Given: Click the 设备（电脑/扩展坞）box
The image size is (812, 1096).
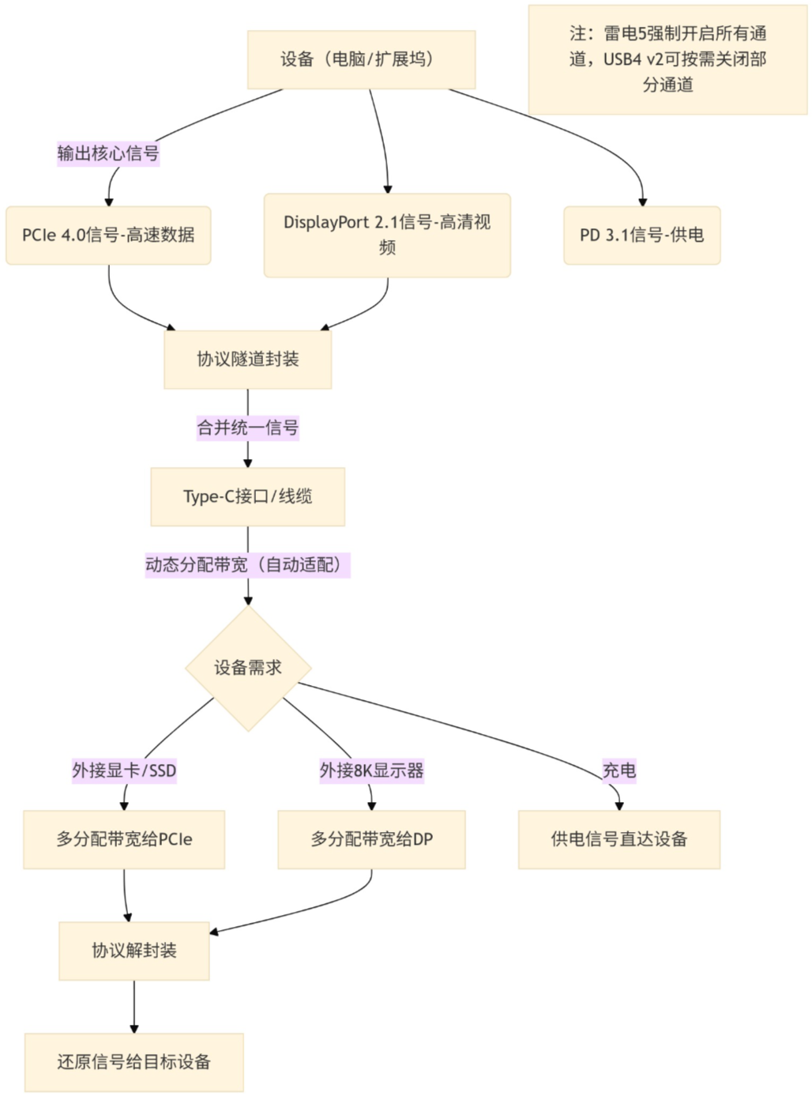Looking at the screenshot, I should [361, 59].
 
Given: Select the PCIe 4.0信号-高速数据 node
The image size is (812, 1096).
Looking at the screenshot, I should [108, 235].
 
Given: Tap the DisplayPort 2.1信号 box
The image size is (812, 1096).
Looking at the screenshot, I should [387, 235].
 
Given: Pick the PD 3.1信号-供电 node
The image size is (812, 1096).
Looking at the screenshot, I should [641, 235].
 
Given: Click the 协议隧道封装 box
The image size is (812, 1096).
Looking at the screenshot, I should [247, 360].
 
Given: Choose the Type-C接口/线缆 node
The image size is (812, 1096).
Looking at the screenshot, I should [247, 497].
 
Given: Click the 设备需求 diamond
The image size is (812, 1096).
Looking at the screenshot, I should [248, 668].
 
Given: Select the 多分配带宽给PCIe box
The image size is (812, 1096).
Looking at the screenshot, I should [124, 839].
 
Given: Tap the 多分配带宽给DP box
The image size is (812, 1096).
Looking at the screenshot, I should [371, 839].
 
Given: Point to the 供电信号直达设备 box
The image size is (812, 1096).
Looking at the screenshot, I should [618, 839].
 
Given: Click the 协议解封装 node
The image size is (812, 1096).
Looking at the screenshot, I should [134, 951].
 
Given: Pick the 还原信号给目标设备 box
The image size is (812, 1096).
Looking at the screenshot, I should [134, 1062].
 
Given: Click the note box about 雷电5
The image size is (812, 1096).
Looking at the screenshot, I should [667, 59].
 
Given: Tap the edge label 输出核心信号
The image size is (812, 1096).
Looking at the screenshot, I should [108, 153].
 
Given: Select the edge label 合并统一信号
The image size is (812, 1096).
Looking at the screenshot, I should [247, 428].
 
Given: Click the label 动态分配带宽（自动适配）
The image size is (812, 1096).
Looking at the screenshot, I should [247, 565].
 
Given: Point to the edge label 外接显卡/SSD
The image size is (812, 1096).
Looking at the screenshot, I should [124, 770].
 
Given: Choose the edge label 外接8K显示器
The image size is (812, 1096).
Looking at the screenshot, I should [371, 770].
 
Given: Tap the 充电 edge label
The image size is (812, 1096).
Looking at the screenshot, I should [618, 770].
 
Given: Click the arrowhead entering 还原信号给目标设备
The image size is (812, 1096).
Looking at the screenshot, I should [134, 1029].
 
